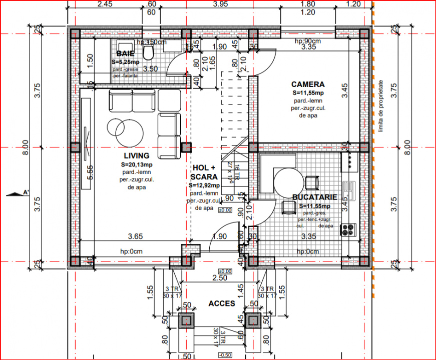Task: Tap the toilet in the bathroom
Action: pos(148,52)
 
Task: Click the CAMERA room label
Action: pos(308,84)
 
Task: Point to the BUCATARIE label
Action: pos(315,198)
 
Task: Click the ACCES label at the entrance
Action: pos(222,303)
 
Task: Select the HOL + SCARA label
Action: pos(204,172)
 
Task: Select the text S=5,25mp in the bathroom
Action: pos(126,61)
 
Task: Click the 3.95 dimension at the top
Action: pos(220,4)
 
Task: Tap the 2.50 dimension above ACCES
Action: pos(219,278)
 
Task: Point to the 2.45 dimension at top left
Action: pos(105,4)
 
